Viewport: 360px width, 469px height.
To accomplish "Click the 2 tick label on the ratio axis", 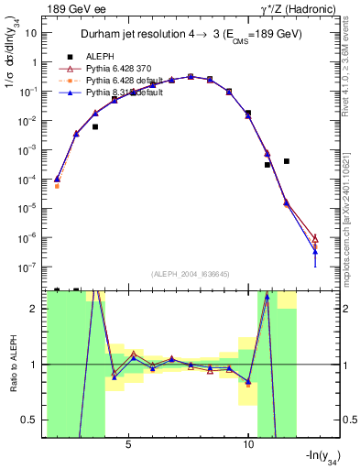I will pos(37,309).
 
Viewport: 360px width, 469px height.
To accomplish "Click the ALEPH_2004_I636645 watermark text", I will pos(191,275).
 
